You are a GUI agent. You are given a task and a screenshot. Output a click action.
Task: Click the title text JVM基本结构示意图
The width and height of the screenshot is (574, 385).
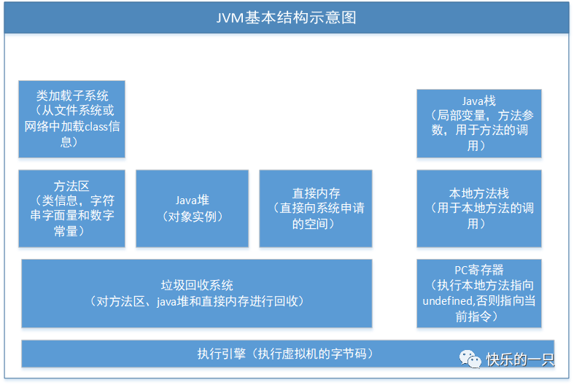[287, 17]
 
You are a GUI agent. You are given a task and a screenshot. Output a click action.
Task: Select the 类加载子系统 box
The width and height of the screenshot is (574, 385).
[71, 119]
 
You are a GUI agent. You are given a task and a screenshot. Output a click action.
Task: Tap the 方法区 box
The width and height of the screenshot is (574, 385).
[71, 209]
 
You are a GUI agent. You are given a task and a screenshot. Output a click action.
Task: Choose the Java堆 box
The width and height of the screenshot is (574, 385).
[193, 209]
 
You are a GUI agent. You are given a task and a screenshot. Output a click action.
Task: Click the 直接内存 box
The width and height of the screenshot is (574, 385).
[316, 209]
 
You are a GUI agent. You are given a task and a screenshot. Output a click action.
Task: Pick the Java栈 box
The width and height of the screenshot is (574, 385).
[478, 123]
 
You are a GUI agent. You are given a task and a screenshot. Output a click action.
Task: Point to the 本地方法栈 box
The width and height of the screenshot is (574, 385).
[478, 209]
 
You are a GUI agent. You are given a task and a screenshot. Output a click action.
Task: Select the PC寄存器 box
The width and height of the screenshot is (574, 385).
[478, 293]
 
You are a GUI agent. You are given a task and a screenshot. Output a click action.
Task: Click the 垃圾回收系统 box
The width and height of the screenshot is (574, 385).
[196, 293]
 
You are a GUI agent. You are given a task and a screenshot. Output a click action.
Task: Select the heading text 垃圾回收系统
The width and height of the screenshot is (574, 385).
[197, 285]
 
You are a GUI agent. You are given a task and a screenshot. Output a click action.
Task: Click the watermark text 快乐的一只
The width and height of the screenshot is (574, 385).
[521, 359]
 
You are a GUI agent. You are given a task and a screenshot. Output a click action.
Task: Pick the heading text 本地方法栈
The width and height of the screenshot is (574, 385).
[478, 193]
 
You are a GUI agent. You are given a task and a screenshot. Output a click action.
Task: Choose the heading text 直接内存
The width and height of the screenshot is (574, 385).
[316, 193]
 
